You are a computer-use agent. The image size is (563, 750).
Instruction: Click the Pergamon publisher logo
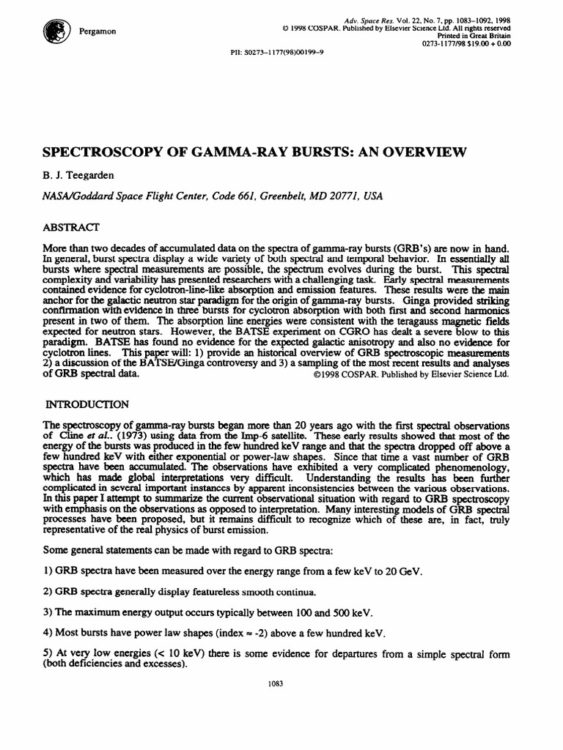(x=54, y=30)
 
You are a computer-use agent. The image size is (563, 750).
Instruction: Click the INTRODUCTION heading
(x=88, y=404)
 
